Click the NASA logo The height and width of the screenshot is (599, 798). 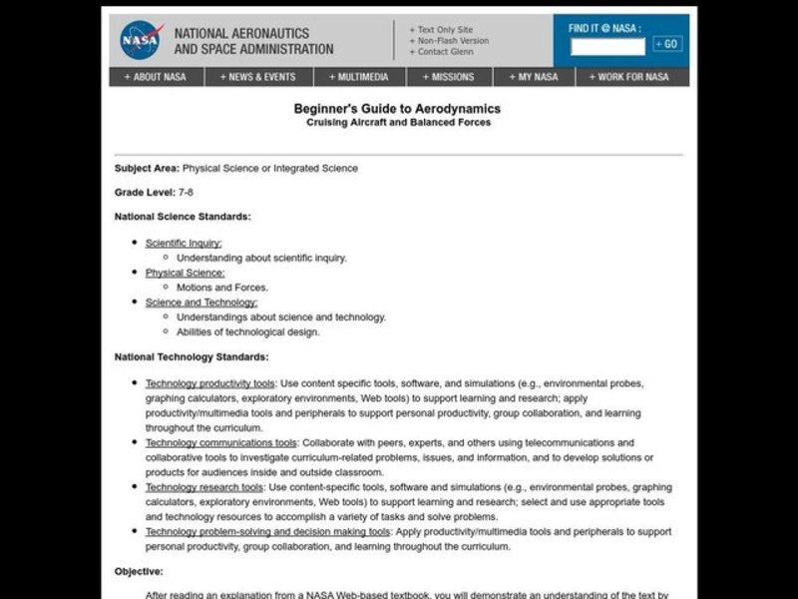pos(141,41)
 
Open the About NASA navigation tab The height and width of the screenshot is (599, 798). pos(155,77)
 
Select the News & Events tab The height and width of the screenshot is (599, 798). pos(259,77)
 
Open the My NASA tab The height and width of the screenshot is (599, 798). pos(533,77)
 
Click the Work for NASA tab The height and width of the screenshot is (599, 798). pos(628,77)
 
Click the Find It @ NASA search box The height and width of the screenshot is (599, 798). pos(607,45)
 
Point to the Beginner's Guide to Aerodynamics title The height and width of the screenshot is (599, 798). pos(397,109)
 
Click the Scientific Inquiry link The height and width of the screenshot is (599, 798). pos(184,243)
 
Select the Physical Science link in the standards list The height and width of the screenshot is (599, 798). pos(185,273)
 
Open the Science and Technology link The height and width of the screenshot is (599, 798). pos(200,302)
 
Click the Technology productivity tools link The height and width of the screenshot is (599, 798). pos(209,383)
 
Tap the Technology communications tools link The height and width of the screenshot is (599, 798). pos(220,442)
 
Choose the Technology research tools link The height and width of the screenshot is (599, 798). pos(203,487)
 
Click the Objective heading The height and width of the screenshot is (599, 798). pos(139,571)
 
